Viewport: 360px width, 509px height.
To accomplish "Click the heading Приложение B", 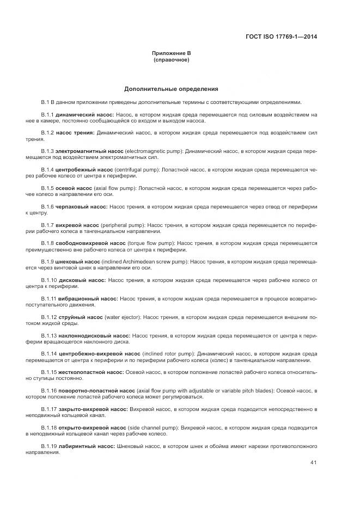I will (x=172, y=53).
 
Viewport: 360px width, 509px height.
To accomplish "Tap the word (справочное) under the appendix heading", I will (x=172, y=59).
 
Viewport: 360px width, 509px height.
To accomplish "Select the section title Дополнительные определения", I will (x=172, y=88).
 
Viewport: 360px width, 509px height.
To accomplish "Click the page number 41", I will (x=313, y=463).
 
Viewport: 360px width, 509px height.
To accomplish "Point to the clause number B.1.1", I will (x=47, y=115).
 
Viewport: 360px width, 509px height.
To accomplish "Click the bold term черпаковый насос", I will (x=82, y=207).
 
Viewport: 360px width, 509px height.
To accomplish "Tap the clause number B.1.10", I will (x=49, y=280).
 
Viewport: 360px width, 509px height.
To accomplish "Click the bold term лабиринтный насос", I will (x=86, y=446).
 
